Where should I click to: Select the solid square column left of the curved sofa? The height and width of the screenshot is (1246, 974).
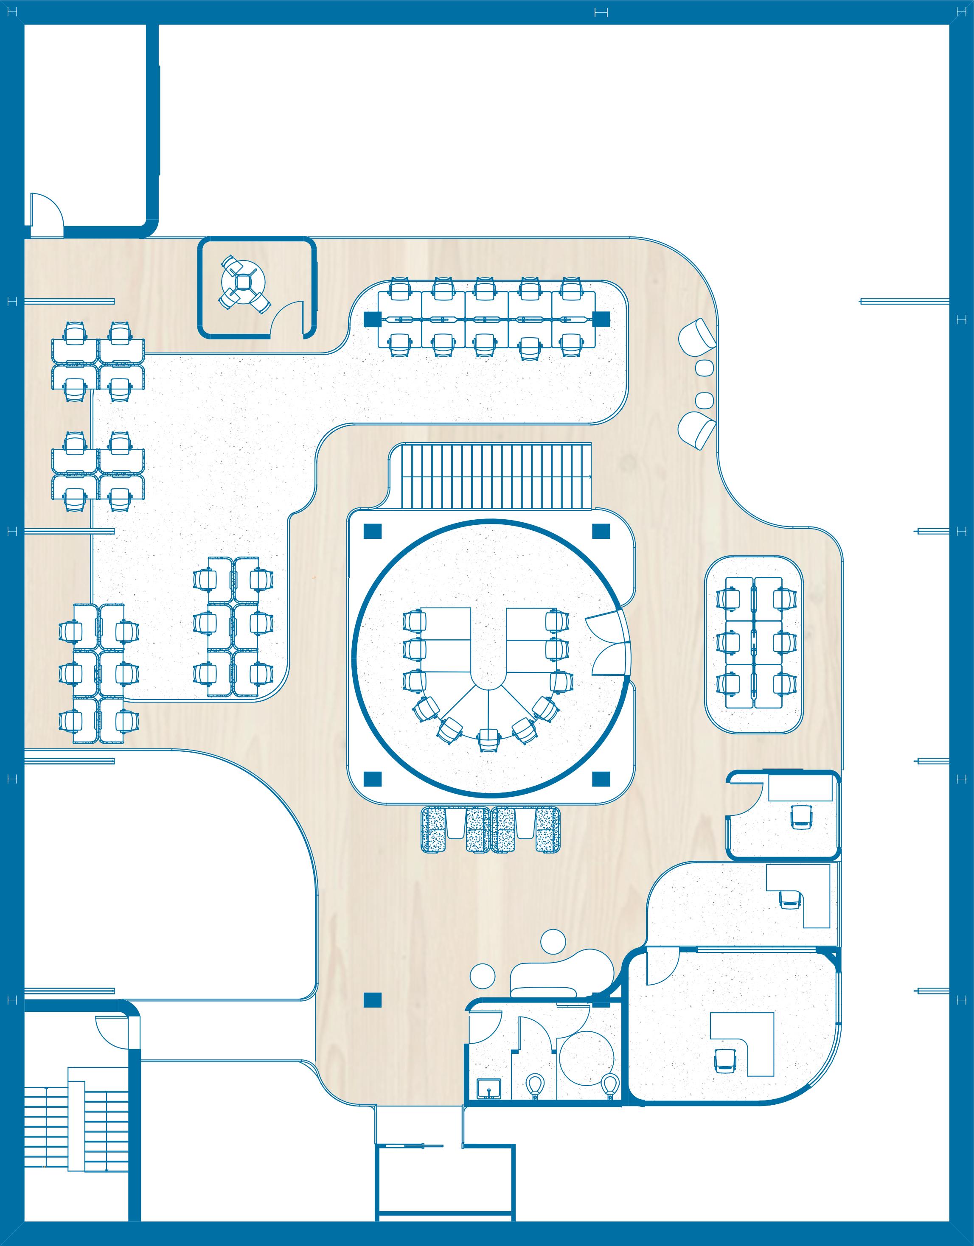[372, 1000]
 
